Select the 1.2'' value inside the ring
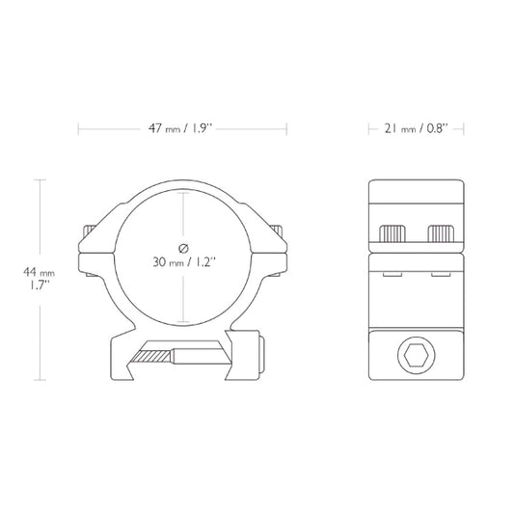pyautogui.click(x=203, y=261)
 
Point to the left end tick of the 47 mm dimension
pyautogui.click(x=78, y=127)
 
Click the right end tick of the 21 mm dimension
pyautogui.click(x=467, y=127)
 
